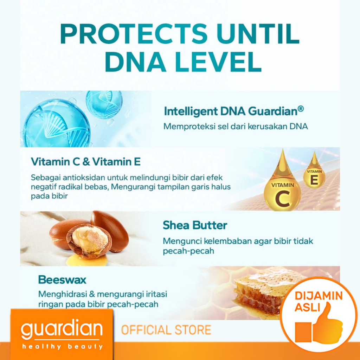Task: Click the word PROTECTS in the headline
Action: click(134, 34)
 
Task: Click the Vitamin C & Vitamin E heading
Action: click(86, 162)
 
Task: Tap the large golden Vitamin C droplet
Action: click(282, 184)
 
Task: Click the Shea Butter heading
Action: click(195, 225)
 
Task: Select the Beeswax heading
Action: click(62, 279)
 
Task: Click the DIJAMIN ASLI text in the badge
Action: click(319, 301)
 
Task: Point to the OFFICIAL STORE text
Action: click(166, 330)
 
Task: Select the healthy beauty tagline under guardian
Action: click(62, 346)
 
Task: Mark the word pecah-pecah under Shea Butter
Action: click(188, 251)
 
